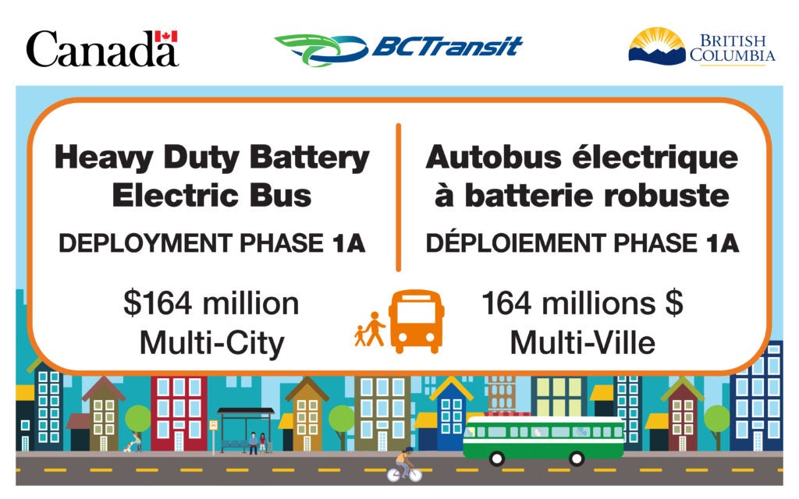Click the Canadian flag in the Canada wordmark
pos(166,37)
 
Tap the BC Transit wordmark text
pos(447,46)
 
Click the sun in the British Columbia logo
pos(657,41)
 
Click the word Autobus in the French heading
pos(494,157)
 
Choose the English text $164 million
pos(211,304)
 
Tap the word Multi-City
pos(212,343)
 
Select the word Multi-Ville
pos(582,343)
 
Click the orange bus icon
pos(416,321)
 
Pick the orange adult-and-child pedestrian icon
pos(370,330)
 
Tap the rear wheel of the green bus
pos(577,458)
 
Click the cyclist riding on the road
pos(405,465)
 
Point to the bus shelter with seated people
pos(246,430)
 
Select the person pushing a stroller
pos(133,442)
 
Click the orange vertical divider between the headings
pos(399,197)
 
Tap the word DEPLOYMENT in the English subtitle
pos(146,243)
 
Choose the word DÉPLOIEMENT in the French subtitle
pos(515,242)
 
